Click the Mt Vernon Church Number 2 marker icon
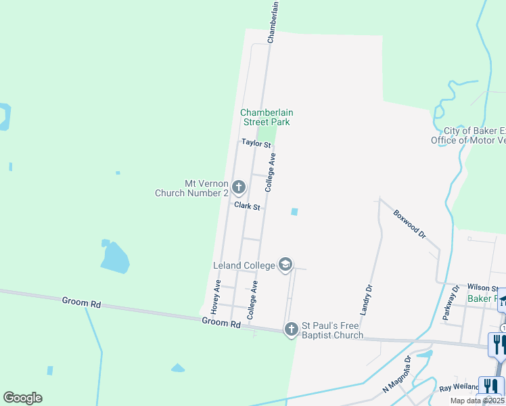pyautogui.click(x=239, y=186)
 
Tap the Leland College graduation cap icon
pyautogui.click(x=285, y=265)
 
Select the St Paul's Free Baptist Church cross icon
pyautogui.click(x=292, y=330)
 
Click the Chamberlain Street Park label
pyautogui.click(x=267, y=117)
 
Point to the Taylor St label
pyautogui.click(x=256, y=143)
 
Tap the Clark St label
pyautogui.click(x=248, y=205)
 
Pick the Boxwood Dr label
pyautogui.click(x=410, y=223)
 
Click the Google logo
pyautogui.click(x=22, y=398)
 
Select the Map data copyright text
pyautogui.click(x=478, y=401)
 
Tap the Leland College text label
pyautogui.click(x=244, y=265)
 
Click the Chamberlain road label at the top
pyautogui.click(x=273, y=22)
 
